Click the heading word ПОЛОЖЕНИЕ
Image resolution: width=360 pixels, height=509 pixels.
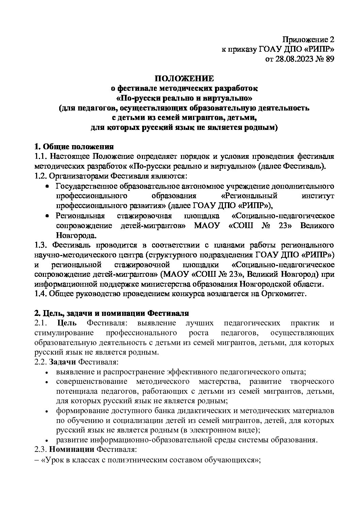(x=184, y=79)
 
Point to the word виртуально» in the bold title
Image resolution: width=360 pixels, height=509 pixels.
(x=231, y=99)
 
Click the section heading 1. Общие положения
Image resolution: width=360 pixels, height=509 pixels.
(x=74, y=147)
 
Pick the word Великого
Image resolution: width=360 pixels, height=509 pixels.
(x=317, y=226)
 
